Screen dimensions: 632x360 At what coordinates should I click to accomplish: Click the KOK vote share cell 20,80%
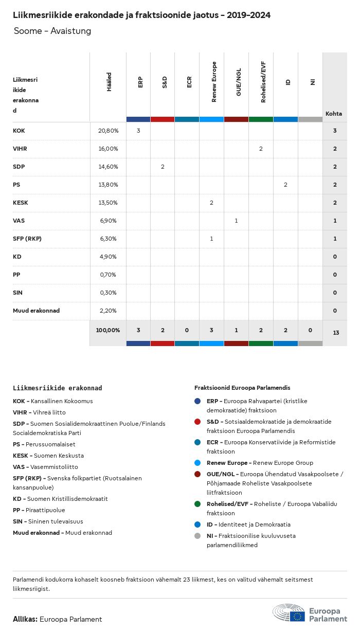(108, 131)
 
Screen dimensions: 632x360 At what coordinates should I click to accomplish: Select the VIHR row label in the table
(20, 149)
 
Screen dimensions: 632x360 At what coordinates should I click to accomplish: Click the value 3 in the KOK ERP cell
(138, 131)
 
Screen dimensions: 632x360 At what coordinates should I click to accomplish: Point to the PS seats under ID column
(285, 185)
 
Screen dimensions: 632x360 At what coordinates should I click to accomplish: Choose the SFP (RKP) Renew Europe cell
(211, 239)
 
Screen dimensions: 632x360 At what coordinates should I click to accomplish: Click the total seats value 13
(336, 333)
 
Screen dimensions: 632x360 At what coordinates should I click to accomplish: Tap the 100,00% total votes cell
(108, 330)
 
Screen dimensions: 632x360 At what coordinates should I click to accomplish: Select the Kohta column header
(334, 114)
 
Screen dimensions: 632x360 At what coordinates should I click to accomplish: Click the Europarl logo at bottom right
(310, 614)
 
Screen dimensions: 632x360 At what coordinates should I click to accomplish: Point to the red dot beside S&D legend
(197, 422)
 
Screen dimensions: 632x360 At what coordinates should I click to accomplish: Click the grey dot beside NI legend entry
(197, 536)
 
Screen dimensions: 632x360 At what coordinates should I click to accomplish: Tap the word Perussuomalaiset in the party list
(53, 444)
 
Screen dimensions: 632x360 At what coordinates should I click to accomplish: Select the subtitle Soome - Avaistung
(52, 31)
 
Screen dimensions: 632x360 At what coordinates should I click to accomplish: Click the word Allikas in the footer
(25, 619)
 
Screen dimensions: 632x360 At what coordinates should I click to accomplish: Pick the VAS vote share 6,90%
(108, 221)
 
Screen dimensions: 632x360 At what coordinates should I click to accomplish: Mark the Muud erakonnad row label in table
(36, 311)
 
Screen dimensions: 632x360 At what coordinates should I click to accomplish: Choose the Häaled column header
(109, 82)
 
